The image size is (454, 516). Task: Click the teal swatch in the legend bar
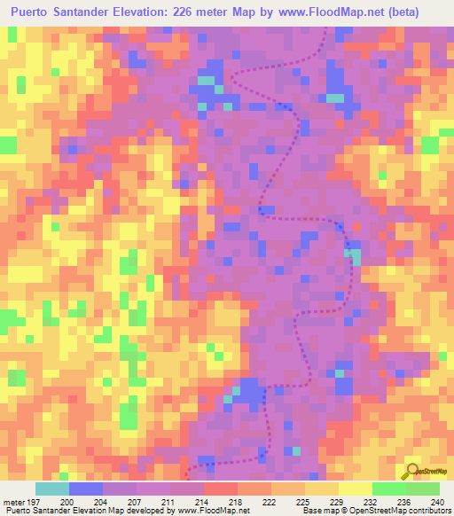tap(52, 489)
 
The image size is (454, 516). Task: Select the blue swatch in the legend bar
tap(86, 489)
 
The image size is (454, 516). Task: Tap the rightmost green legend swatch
tap(423, 489)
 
